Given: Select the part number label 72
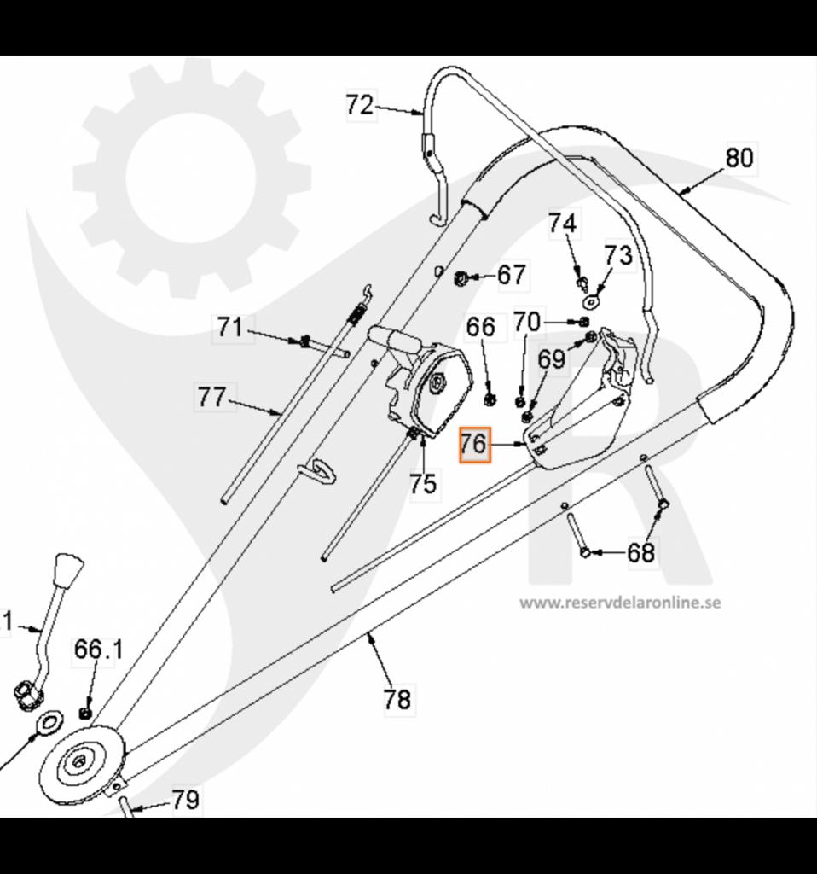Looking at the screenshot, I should coord(360,106).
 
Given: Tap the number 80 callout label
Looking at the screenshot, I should coord(739,159).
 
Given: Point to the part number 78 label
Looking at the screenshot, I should coord(397,700).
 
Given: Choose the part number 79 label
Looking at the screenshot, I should coord(185,800).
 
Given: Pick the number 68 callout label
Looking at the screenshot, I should coord(641,553).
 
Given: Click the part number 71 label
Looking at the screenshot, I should coord(230,327).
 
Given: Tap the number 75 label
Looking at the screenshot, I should coord(423,484).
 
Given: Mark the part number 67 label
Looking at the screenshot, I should coord(512,275).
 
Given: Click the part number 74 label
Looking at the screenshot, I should coord(562,224).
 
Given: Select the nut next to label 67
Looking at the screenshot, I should coord(459,276).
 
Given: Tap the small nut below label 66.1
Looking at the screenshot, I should coord(84,712).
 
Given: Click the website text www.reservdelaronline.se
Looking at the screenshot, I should coord(621,603).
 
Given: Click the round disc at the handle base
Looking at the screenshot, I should coord(81,761).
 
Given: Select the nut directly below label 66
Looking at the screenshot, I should coord(490,397).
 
